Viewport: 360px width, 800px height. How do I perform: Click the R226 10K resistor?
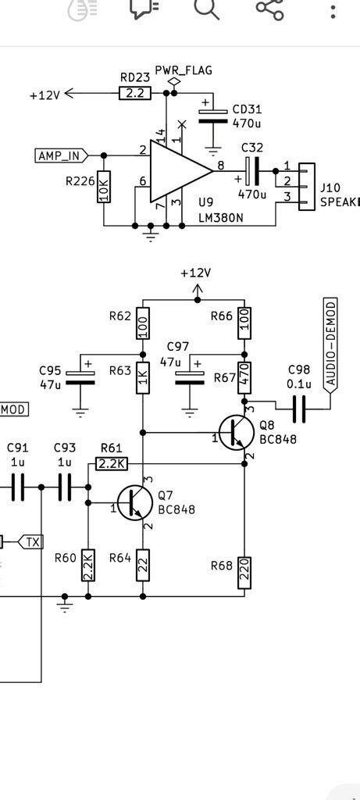(x=104, y=187)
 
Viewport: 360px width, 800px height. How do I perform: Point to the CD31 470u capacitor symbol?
(x=212, y=115)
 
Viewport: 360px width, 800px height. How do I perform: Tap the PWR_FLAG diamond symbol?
(x=174, y=82)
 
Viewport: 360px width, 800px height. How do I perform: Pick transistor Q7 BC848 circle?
(x=134, y=502)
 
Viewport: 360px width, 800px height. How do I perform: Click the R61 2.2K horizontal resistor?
(x=112, y=464)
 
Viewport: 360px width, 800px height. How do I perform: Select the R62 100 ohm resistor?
(x=143, y=323)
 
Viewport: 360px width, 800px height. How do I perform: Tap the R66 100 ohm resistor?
(x=244, y=323)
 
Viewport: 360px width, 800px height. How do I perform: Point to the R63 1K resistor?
(x=143, y=378)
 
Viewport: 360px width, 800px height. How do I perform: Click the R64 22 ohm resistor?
(x=143, y=564)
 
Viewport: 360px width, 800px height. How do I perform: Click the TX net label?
(x=30, y=541)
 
